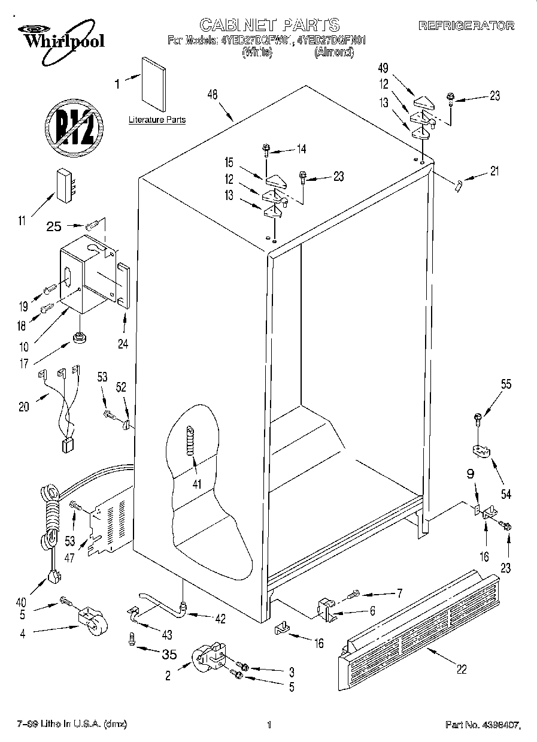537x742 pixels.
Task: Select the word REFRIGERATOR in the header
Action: coord(466,26)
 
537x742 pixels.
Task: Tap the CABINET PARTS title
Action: coord(269,25)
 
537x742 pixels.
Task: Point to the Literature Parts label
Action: coord(157,120)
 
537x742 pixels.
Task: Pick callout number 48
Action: coord(212,93)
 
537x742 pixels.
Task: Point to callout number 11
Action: coord(22,221)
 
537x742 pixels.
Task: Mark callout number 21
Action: coord(494,172)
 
